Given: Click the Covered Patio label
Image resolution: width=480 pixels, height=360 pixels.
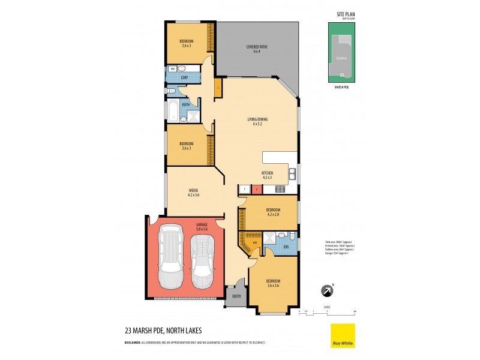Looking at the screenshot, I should point(256,49).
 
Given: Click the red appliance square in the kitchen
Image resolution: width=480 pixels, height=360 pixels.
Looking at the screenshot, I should point(256,190).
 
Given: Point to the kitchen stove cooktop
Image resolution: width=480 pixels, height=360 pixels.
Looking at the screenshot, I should point(279,190).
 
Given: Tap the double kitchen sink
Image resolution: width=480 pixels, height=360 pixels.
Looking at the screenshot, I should point(292,175).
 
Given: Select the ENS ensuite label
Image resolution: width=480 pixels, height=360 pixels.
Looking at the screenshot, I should point(286,246).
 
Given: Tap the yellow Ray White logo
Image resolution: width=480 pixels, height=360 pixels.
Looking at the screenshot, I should point(343,335).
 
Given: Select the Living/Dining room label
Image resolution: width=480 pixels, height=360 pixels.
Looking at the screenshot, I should point(257,121).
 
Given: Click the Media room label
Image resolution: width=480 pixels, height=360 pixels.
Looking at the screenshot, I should point(193,192).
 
